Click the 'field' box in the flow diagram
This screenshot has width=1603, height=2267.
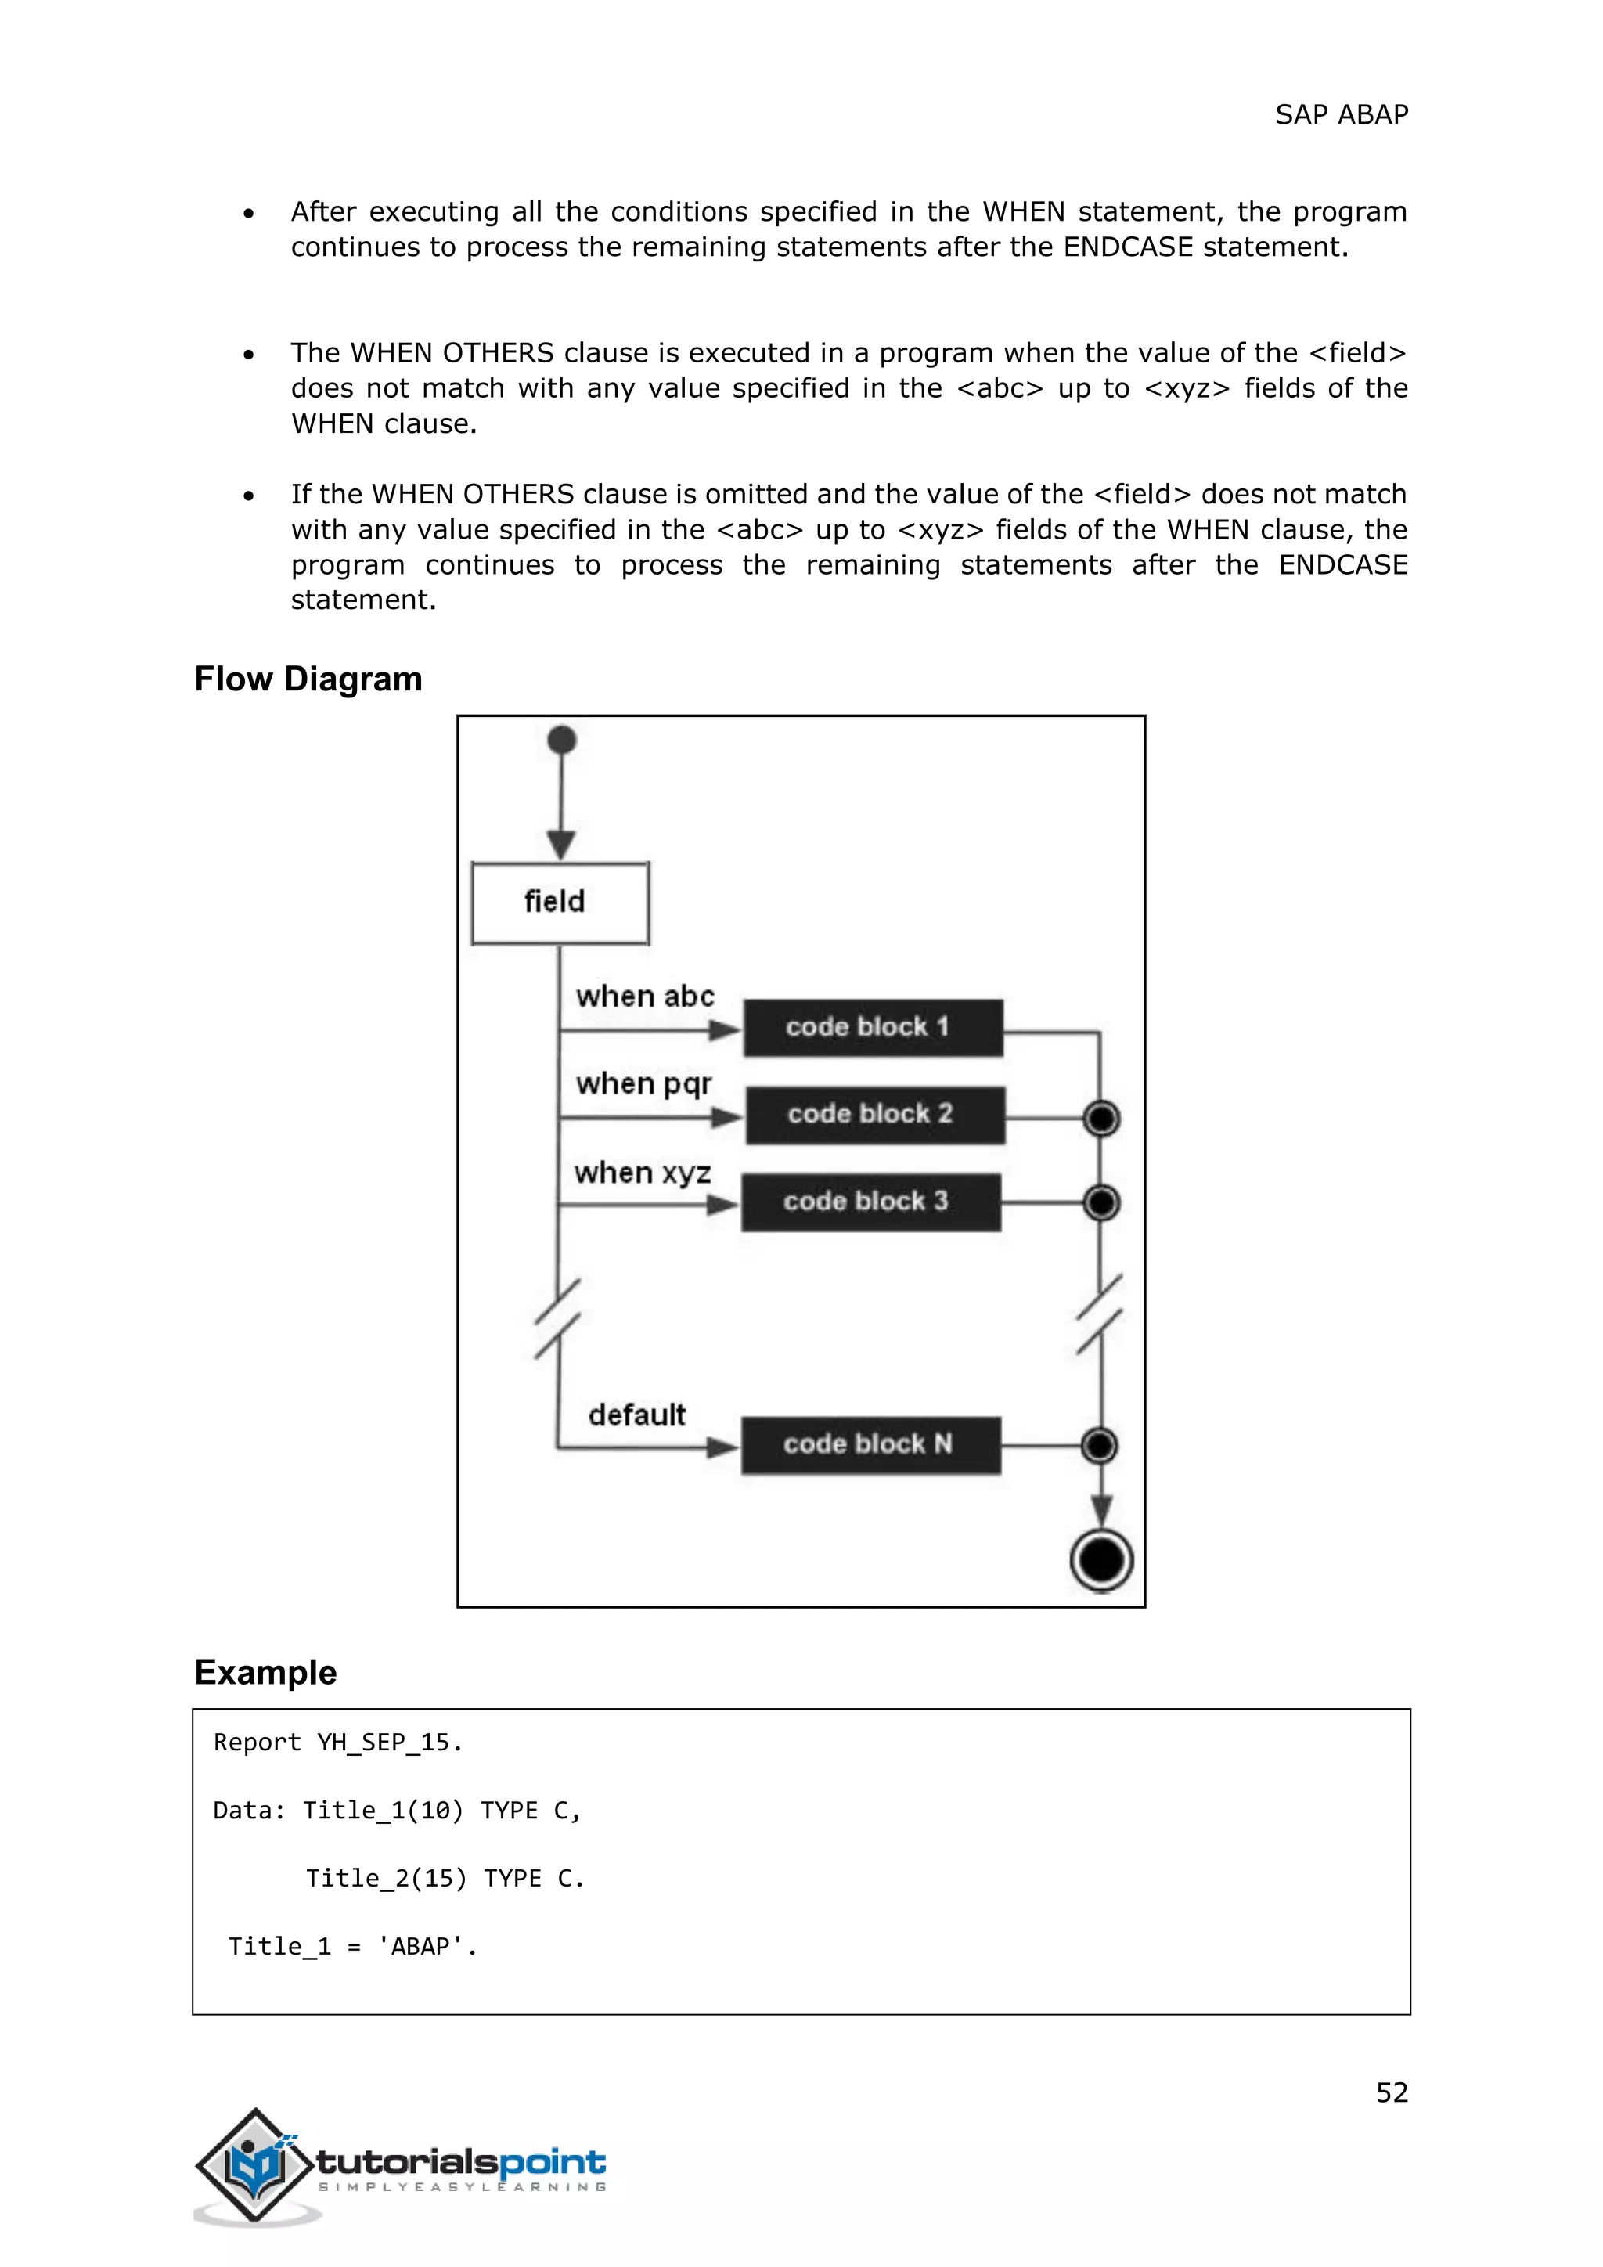[560, 903]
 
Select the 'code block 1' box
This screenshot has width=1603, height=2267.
[873, 1028]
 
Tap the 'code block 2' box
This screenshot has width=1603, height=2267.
[874, 1115]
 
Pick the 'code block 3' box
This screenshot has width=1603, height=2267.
[870, 1202]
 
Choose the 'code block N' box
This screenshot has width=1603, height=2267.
[870, 1444]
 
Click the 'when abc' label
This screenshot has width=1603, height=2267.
[644, 997]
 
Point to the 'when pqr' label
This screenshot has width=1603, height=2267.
[643, 1084]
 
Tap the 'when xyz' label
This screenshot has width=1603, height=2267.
[643, 1173]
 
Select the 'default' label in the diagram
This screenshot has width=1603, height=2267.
[636, 1415]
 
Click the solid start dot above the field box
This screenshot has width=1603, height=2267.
[562, 740]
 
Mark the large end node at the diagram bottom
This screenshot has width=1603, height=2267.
[1101, 1560]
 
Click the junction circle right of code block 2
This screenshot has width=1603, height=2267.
[1101, 1119]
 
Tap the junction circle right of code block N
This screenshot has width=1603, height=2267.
[1100, 1446]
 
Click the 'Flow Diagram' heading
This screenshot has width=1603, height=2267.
[308, 679]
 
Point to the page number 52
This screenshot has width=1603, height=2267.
[1392, 2092]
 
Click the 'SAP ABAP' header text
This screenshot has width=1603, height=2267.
[1342, 114]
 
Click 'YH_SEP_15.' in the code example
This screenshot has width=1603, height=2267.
[390, 1743]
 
